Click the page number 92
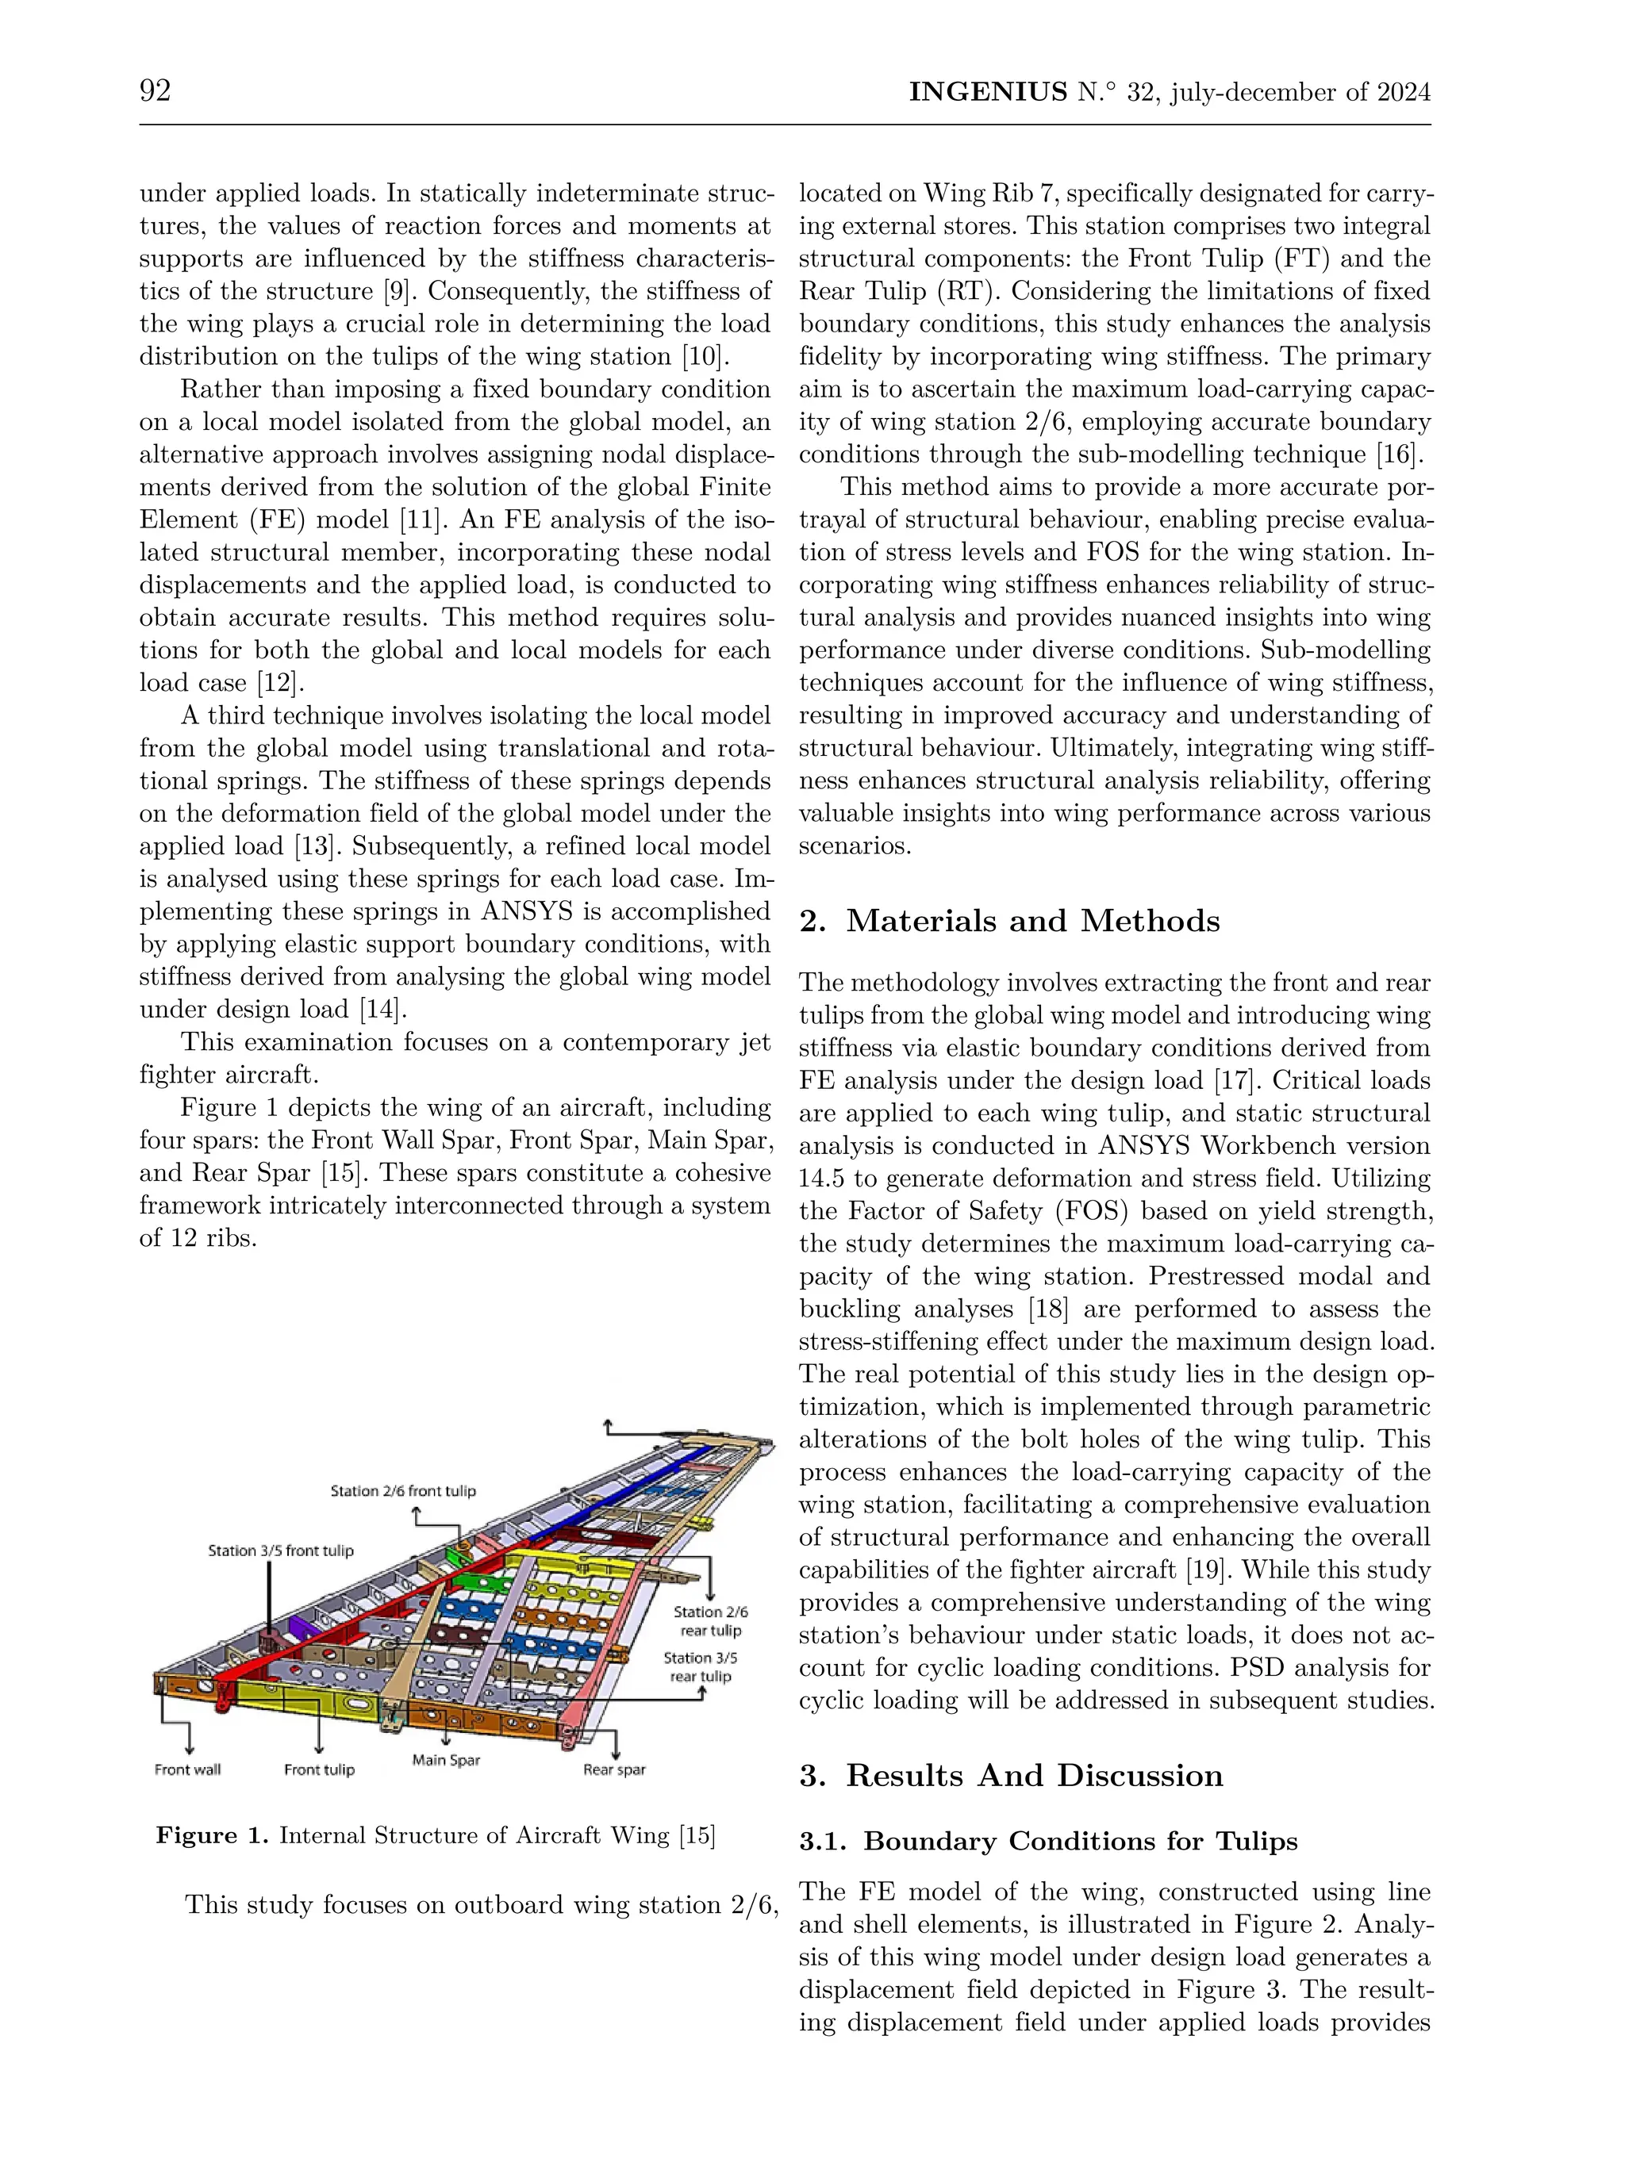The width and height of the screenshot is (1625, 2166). tap(155, 91)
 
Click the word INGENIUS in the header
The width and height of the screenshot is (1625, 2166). tap(987, 92)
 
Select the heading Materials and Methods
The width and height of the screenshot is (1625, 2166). tap(1032, 921)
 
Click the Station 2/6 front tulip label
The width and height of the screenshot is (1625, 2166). tap(402, 1490)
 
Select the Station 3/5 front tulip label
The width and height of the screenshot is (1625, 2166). tap(280, 1550)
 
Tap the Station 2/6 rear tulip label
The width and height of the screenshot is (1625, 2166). tap(711, 1620)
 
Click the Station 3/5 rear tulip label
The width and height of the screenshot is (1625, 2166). tap(701, 1666)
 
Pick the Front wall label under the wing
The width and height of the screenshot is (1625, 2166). tap(187, 1769)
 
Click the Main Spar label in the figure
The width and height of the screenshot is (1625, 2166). tap(446, 1760)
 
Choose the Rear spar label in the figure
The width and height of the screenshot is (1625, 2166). tap(614, 1769)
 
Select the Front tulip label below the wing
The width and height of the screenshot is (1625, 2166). tap(319, 1769)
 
